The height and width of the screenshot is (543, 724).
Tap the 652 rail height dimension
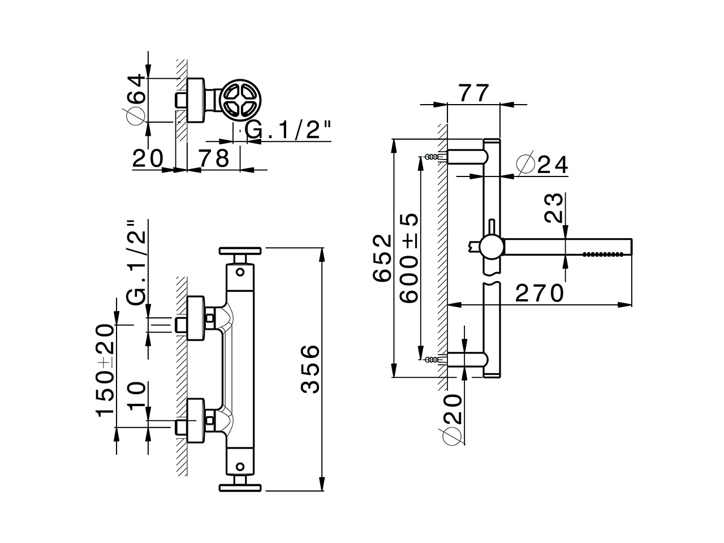coord(382,257)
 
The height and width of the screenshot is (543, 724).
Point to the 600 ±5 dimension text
coord(408,257)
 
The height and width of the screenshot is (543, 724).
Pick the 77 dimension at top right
coord(473,93)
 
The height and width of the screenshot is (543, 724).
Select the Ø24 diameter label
coord(542,165)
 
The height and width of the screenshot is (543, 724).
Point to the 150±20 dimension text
coord(105,369)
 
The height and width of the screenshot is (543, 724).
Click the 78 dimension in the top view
coord(213,158)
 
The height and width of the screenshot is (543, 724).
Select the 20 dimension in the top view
coord(148,158)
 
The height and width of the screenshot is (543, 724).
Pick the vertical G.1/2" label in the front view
coord(137,262)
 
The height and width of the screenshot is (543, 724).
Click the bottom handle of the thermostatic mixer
coord(240,485)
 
